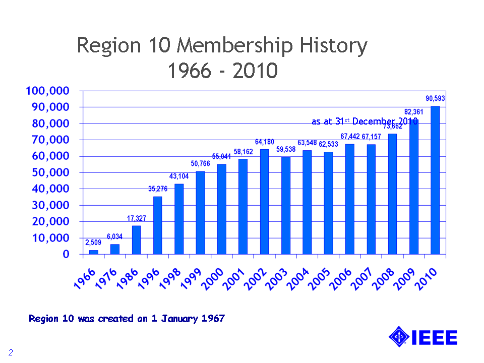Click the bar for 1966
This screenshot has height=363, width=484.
point(94,252)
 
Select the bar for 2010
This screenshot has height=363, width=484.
point(435,180)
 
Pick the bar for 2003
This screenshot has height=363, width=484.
point(286,205)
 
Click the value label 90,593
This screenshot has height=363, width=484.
point(435,99)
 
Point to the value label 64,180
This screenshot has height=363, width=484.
point(264,142)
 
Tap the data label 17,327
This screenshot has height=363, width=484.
point(136,219)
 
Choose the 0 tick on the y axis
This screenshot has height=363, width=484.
point(66,254)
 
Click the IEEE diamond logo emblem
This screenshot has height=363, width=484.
point(399,337)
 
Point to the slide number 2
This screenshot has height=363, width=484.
point(10,351)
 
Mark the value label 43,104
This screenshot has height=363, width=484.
point(179,176)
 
